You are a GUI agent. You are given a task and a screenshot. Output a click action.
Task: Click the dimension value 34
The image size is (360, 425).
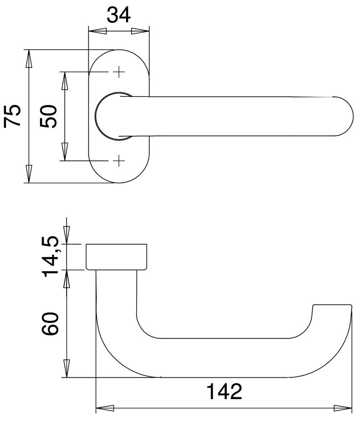click(118, 15)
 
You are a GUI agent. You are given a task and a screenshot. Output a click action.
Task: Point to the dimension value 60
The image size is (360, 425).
click(50, 324)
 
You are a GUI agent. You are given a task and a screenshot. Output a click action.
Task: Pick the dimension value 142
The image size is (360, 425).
click(224, 392)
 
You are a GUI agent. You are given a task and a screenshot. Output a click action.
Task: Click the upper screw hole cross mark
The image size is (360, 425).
click(119, 72)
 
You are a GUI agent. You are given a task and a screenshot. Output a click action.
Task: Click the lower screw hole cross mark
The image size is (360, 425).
click(119, 161)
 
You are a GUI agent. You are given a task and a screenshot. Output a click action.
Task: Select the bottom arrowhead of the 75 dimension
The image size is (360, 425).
click(29, 174)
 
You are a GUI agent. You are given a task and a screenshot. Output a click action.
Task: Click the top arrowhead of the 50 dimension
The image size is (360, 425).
click(65, 81)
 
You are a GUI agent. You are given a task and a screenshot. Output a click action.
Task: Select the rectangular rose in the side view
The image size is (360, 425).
click(117, 257)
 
